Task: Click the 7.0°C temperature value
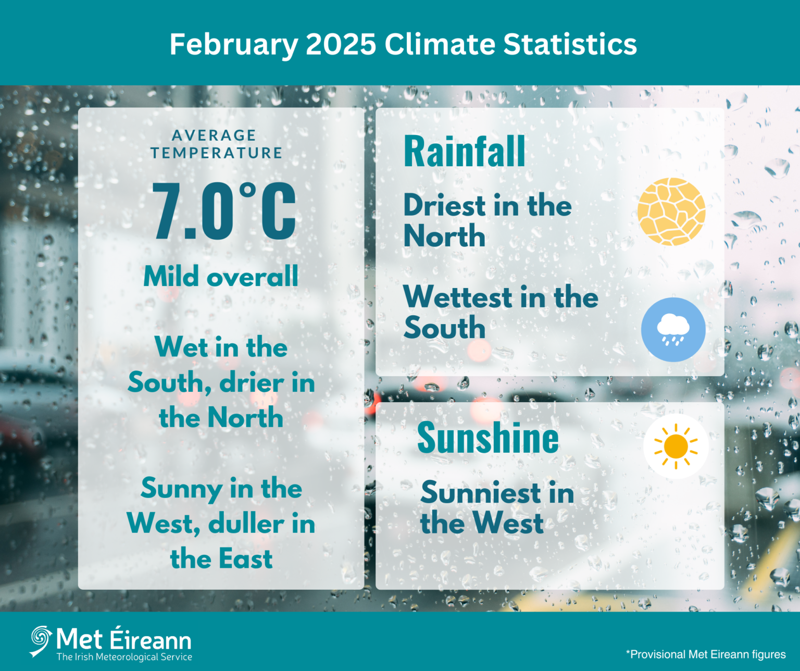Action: click(x=224, y=211)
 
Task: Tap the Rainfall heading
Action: click(x=464, y=152)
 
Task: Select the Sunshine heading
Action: click(x=488, y=438)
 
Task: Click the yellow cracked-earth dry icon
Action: click(x=671, y=212)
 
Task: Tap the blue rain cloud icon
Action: click(x=673, y=330)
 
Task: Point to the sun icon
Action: click(x=676, y=446)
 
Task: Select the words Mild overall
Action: click(x=221, y=276)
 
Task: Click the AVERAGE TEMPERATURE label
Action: click(x=216, y=144)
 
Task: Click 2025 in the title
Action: click(x=341, y=44)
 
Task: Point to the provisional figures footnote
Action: click(x=706, y=654)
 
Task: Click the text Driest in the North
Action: click(x=487, y=220)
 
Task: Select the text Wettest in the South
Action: click(x=501, y=312)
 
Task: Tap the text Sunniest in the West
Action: click(x=497, y=508)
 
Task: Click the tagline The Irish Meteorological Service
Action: click(x=124, y=657)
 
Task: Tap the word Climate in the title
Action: click(x=440, y=44)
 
